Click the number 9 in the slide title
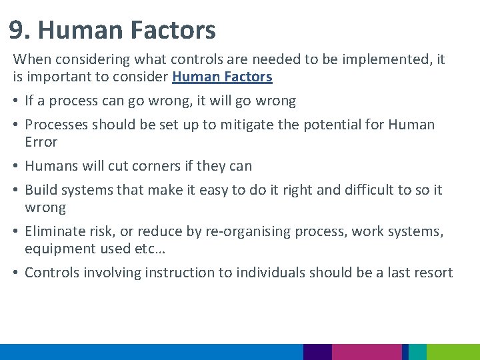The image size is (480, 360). (x=18, y=31)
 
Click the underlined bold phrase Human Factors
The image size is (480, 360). (x=222, y=77)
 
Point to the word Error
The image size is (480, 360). (x=41, y=142)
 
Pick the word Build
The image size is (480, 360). (x=41, y=190)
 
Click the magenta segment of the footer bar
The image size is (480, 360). (x=366, y=352)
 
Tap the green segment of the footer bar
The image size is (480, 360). (x=453, y=352)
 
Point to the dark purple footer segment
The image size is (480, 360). (x=317, y=352)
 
